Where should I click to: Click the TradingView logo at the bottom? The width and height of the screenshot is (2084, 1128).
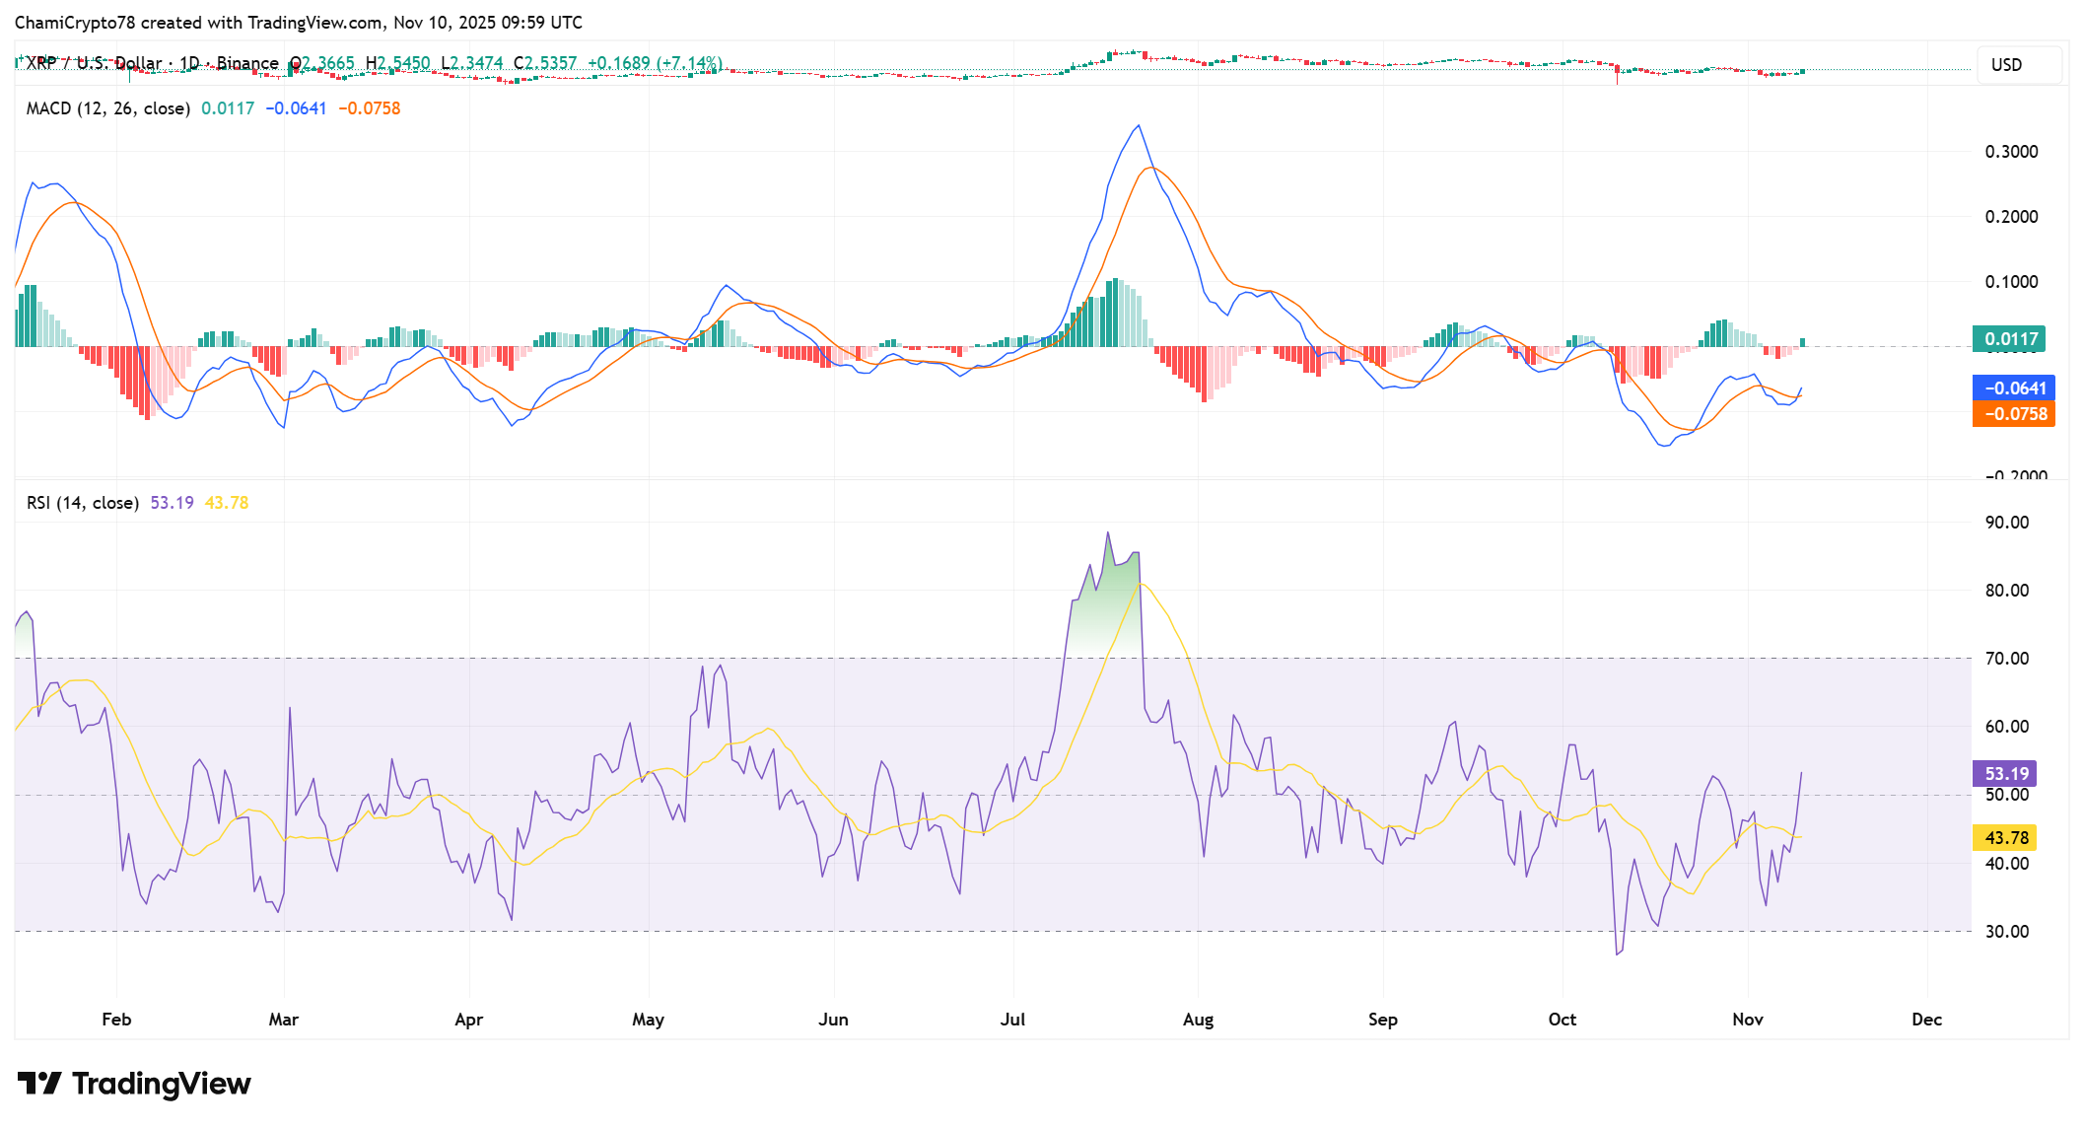[134, 1084]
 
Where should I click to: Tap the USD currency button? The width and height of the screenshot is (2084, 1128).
[2006, 65]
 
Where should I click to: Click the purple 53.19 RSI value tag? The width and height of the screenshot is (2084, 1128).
[2006, 774]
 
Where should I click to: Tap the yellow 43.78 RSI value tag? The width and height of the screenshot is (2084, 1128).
[2006, 838]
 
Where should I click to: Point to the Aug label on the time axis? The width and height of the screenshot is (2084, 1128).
[1198, 1020]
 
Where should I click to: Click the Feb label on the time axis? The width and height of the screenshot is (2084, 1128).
[116, 1020]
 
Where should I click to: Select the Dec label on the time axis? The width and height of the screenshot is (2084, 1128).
[1926, 1020]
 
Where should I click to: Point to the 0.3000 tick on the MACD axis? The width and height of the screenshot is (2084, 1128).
[2011, 152]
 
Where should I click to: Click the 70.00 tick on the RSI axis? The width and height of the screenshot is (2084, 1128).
[2007, 659]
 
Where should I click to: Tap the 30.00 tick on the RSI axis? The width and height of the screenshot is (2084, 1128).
[2007, 932]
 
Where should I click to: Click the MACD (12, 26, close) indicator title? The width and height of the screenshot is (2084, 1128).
[107, 108]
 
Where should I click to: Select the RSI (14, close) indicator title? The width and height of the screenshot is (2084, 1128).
[83, 503]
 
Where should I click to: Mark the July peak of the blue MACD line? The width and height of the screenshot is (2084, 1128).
[1139, 125]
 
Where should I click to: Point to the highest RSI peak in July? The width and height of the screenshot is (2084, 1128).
[1107, 532]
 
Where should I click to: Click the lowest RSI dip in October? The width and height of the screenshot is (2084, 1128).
[1617, 954]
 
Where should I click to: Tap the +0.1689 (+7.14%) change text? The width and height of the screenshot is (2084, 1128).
[655, 63]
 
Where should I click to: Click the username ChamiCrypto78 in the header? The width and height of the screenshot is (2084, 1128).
[75, 22]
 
